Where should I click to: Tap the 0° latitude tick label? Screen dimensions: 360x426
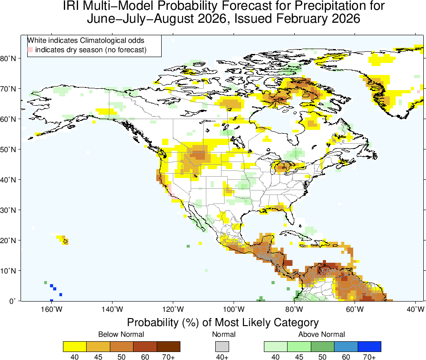13,301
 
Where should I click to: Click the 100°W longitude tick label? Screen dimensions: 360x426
234,309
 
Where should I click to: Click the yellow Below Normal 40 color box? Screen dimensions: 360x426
75,346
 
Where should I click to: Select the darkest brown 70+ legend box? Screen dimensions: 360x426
168,346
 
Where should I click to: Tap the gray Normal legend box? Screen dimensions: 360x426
222,346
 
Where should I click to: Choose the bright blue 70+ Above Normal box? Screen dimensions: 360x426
369,346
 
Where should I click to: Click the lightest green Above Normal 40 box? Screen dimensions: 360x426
276,346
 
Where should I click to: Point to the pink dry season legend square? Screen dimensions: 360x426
30,50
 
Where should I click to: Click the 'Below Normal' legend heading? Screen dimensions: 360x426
121,334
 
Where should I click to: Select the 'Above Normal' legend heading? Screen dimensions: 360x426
322,334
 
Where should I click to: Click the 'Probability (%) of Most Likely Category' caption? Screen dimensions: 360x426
222,323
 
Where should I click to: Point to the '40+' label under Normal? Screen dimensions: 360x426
222,357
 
